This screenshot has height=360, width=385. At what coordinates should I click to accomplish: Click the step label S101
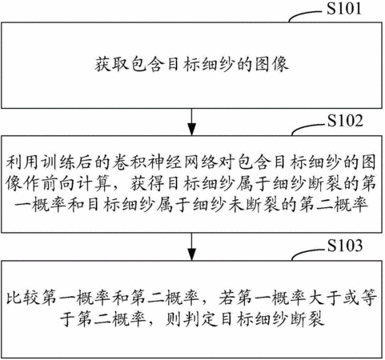point(344,8)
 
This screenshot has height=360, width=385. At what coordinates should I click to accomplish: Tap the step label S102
point(345,121)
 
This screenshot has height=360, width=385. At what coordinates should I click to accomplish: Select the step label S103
point(345,246)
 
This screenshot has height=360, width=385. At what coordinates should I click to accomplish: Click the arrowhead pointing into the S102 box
point(192,129)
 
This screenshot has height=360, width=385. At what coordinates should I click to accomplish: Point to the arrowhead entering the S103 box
point(192,254)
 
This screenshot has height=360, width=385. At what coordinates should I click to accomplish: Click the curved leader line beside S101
point(307,14)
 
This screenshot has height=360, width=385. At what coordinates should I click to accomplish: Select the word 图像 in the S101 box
point(272,64)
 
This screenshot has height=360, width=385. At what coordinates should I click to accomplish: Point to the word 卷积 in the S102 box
point(129,162)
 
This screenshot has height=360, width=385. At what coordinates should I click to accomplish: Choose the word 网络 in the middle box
point(199,162)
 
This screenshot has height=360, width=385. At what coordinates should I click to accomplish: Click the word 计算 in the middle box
point(94,184)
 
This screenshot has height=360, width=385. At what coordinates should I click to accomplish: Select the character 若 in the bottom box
point(227,297)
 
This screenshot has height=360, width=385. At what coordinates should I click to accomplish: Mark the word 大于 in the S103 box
point(325,297)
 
